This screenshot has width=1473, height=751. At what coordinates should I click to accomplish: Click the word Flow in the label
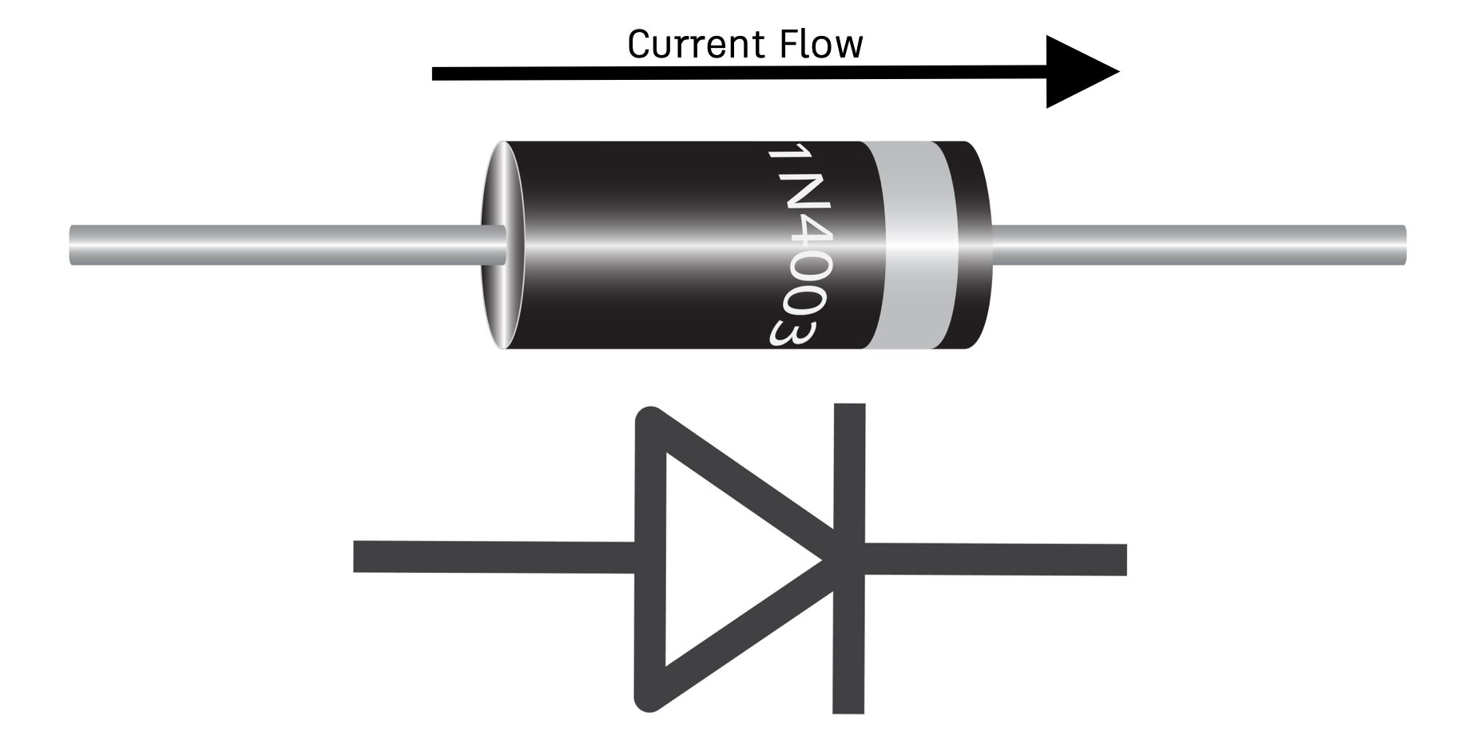click(823, 45)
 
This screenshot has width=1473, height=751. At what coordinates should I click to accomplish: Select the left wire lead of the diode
click(280, 245)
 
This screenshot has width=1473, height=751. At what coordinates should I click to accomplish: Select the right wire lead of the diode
click(1198, 245)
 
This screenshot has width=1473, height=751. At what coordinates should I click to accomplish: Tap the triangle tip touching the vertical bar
click(827, 559)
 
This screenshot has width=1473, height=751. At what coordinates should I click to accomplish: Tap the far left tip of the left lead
click(73, 245)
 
